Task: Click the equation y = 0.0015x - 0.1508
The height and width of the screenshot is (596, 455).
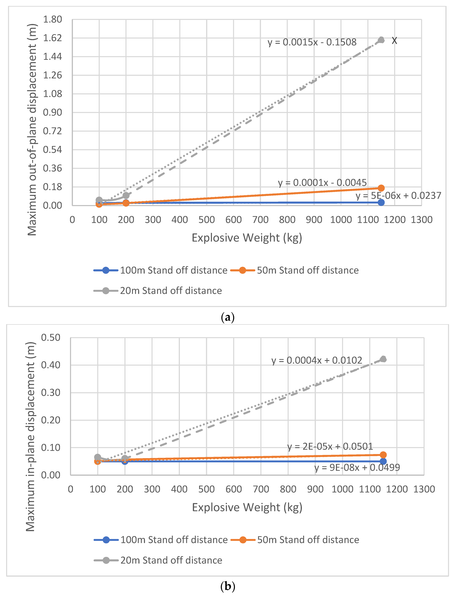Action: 312,42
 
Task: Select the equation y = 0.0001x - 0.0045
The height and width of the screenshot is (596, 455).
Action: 322,183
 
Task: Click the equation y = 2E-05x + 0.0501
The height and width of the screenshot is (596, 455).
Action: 330,446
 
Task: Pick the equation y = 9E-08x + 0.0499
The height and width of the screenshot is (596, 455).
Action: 357,467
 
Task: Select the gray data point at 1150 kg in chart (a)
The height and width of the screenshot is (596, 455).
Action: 381,40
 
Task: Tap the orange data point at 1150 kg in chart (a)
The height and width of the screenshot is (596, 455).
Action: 381,188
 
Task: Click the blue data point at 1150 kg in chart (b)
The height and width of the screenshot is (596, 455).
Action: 383,461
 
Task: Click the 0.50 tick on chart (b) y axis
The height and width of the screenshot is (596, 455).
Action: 51,338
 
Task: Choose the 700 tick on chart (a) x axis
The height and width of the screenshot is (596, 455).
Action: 260,220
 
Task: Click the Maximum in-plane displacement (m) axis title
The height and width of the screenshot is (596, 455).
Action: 30,437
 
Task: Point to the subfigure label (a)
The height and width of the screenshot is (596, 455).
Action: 227,317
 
